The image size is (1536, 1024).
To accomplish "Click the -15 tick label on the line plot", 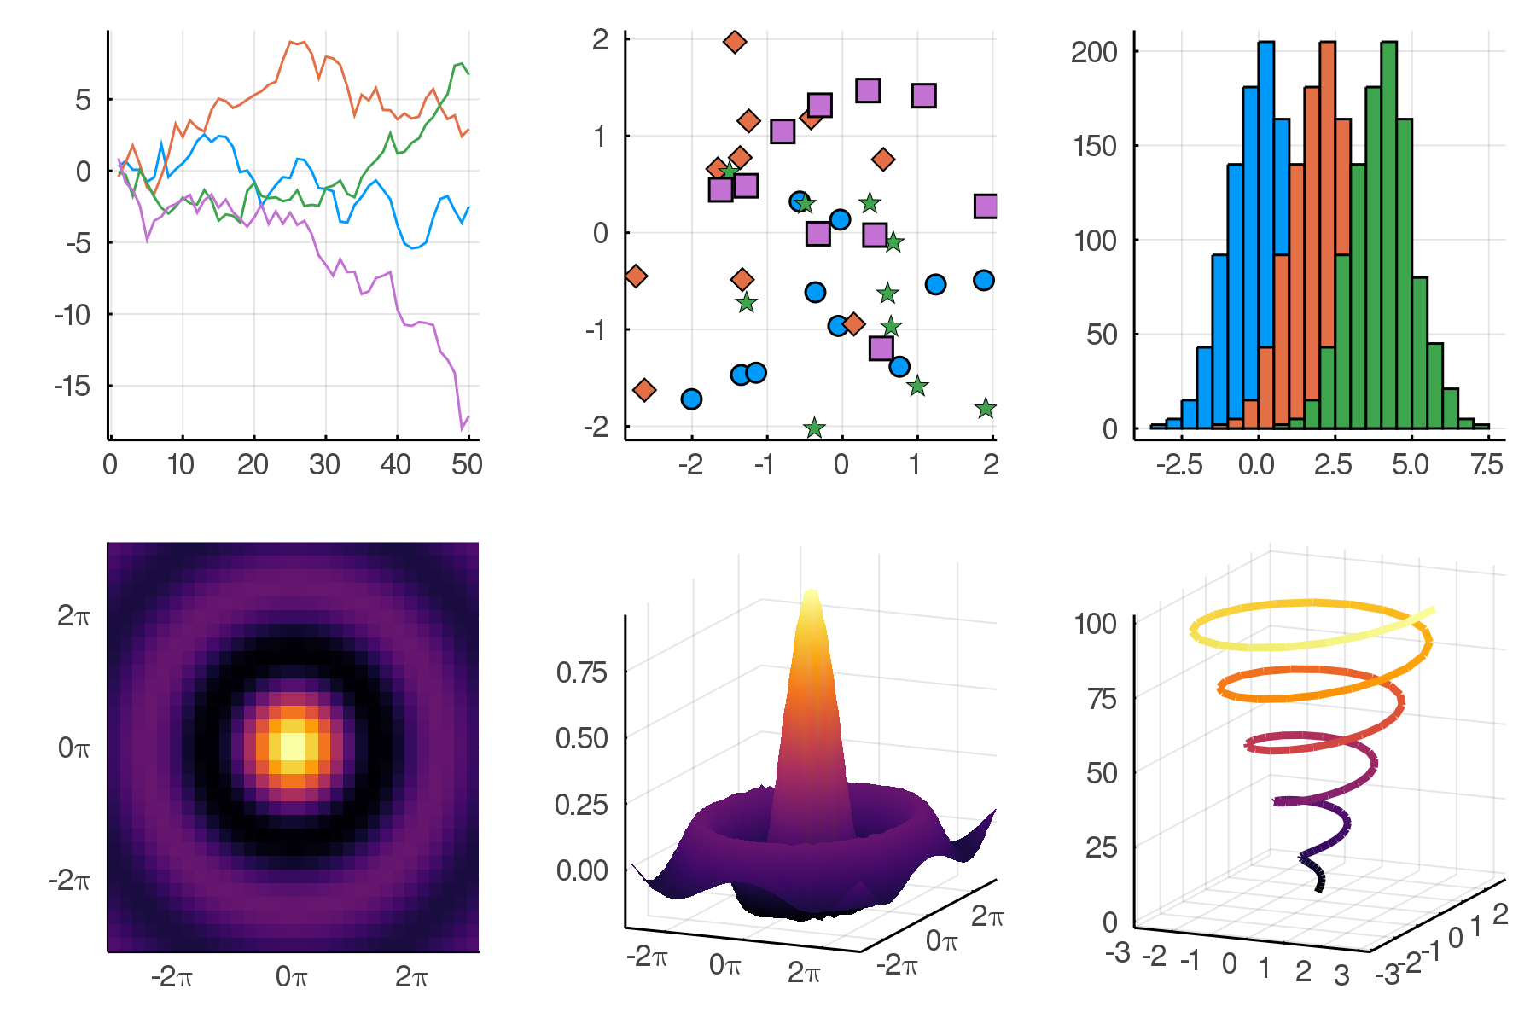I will click(x=73, y=387).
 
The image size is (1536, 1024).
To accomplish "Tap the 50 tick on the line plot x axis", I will click(x=467, y=465).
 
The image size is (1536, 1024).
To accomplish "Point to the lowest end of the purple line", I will click(x=462, y=428).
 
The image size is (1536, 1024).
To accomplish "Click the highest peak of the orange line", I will click(x=292, y=41).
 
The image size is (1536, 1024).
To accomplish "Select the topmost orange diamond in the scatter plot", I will click(x=735, y=41).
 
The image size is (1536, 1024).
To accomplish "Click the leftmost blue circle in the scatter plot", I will click(x=691, y=399).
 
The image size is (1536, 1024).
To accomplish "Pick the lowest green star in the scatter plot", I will click(x=814, y=428).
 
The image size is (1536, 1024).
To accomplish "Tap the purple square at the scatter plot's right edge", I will click(x=986, y=206).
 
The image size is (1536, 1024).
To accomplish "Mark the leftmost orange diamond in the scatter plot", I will click(x=635, y=276).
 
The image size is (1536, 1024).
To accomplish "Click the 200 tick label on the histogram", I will click(x=1094, y=52).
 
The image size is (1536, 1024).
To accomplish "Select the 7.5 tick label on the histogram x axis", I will click(x=1487, y=465).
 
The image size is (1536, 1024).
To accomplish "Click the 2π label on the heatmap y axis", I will click(x=73, y=616).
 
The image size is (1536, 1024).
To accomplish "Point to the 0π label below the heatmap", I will click(x=292, y=976).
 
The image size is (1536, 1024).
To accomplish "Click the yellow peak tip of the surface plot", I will click(x=811, y=594).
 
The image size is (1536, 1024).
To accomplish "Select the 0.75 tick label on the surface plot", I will click(x=581, y=672).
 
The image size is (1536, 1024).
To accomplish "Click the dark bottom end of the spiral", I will click(x=1319, y=888).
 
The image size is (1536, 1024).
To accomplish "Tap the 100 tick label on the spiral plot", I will click(x=1096, y=624).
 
